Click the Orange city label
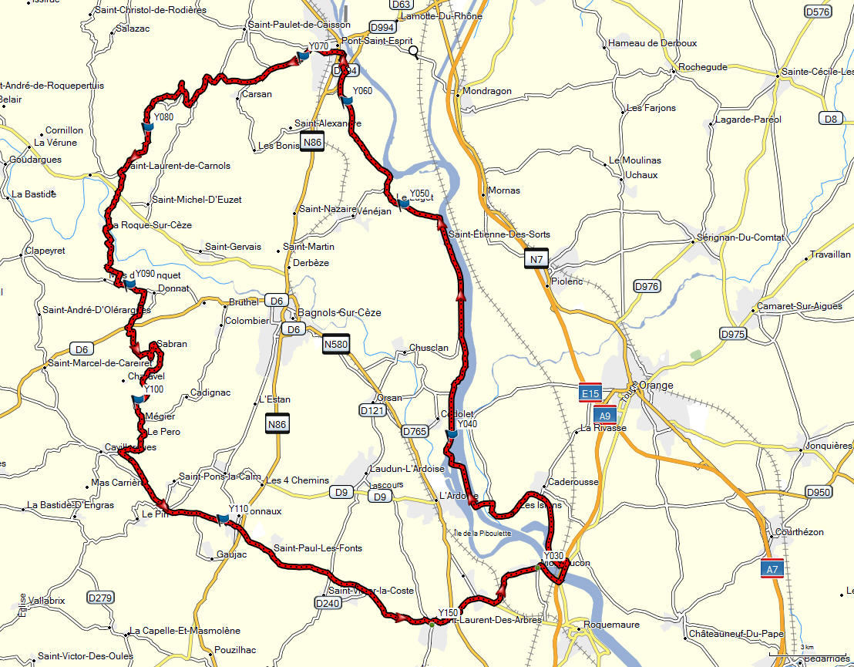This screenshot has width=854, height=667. [x=656, y=386]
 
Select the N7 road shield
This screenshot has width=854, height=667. [x=536, y=259]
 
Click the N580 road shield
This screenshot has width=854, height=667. [x=336, y=345]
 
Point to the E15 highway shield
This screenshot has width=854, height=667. [x=590, y=393]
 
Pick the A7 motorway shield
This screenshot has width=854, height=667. [x=772, y=569]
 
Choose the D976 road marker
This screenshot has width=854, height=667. [x=647, y=287]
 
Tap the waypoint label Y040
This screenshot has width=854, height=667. [x=468, y=424]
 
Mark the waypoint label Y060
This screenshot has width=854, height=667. [x=362, y=91]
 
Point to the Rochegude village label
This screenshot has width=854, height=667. [x=703, y=67]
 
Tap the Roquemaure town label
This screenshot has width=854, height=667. [x=612, y=625]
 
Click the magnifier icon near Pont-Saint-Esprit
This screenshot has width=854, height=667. [x=414, y=52]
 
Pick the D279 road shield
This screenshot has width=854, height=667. [x=100, y=598]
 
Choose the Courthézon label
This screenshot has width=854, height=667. [x=800, y=532]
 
